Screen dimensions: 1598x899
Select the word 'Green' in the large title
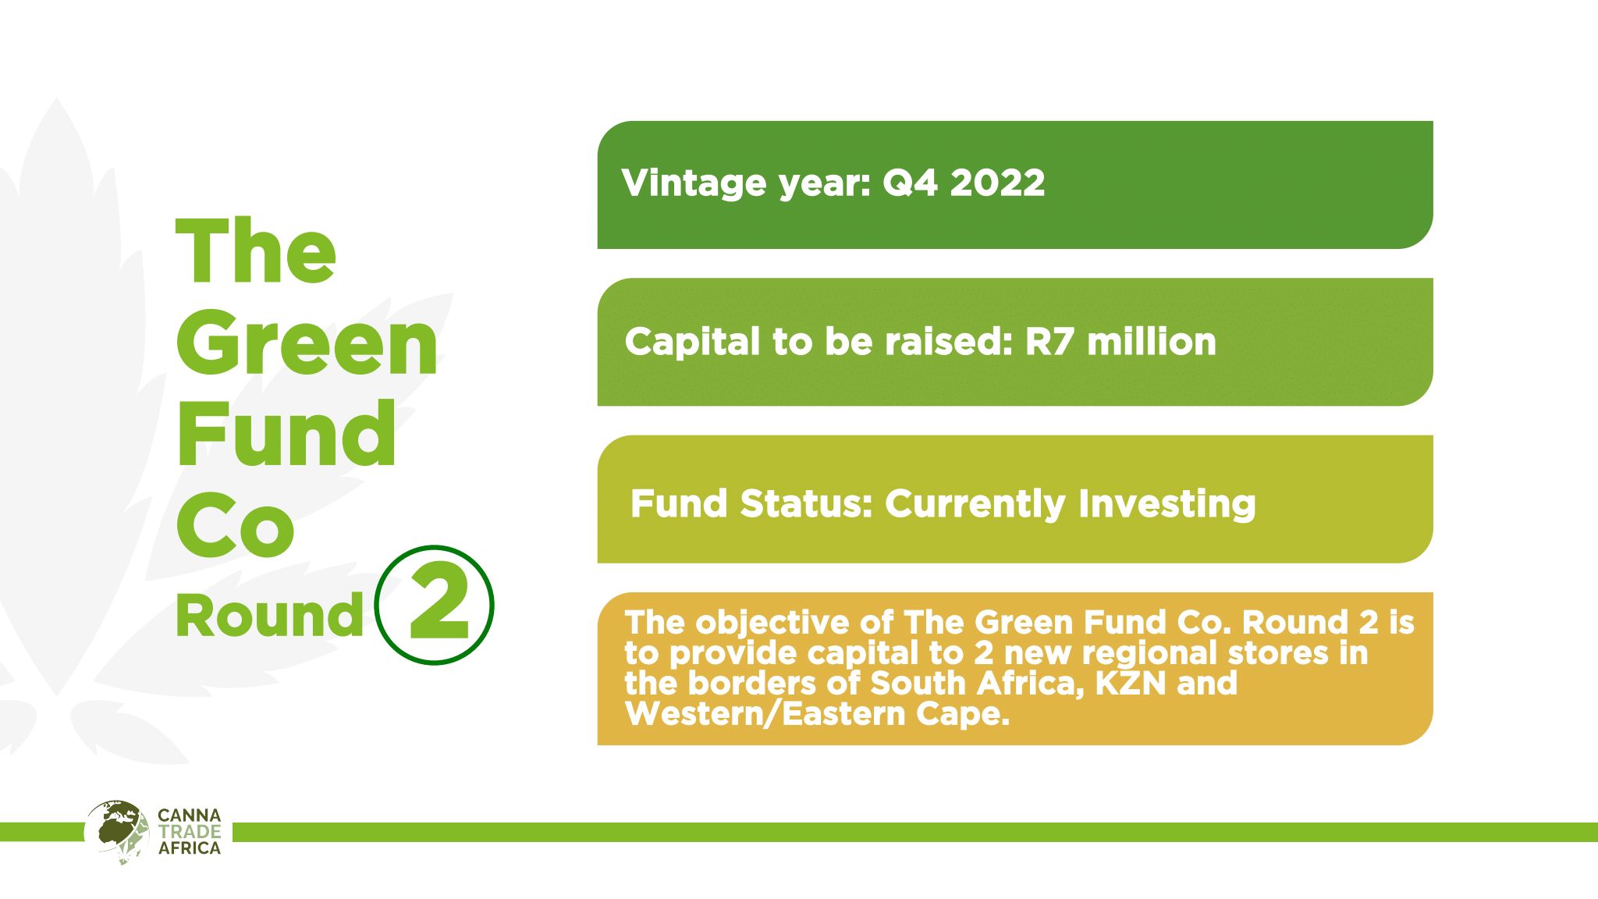click(x=307, y=343)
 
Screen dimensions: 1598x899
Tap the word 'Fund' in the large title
click(x=286, y=433)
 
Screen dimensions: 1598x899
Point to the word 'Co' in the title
click(x=235, y=524)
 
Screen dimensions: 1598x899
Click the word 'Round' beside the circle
click(x=270, y=616)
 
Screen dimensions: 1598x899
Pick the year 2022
click(x=997, y=183)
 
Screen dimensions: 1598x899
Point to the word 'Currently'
click(x=975, y=503)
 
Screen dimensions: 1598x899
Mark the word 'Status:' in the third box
click(x=806, y=503)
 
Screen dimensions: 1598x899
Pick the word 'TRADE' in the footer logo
click(x=190, y=832)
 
